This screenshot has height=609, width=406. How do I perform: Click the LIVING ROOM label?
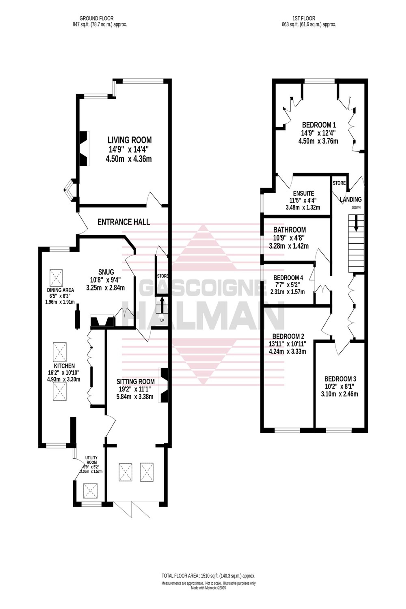tap(130, 140)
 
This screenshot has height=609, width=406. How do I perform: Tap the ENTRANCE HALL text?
tap(123, 222)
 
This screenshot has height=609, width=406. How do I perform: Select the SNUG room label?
tap(106, 272)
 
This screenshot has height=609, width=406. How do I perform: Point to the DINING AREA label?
tap(60, 290)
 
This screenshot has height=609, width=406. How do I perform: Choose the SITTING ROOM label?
tap(135, 381)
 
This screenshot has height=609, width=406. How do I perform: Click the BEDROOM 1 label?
tap(319, 125)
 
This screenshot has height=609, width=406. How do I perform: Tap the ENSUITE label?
tap(303, 193)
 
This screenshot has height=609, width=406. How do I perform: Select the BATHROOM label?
tap(289, 230)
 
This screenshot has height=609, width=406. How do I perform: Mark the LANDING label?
tap(351, 199)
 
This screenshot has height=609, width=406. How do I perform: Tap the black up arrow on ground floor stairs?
tap(162, 305)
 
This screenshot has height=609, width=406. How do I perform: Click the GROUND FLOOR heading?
tap(96, 18)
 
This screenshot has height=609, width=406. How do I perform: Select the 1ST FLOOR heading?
tap(304, 18)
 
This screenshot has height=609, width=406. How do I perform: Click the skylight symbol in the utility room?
tap(90, 491)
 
